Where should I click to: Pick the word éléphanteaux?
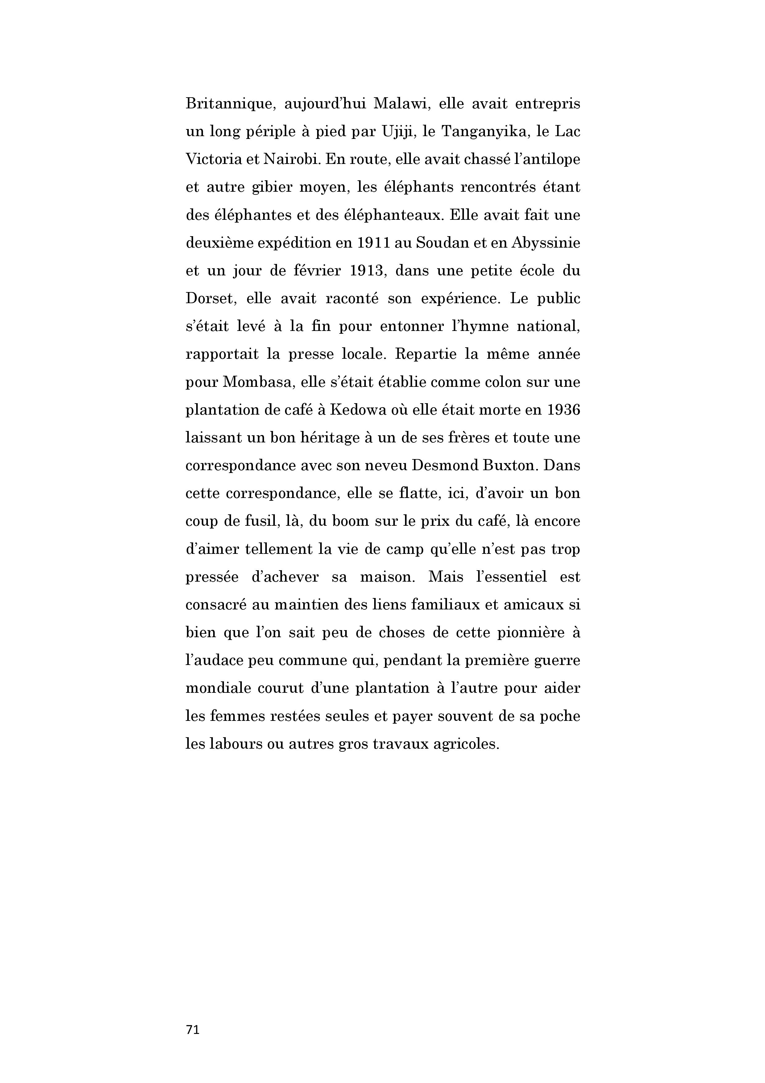pyautogui.click(x=395, y=215)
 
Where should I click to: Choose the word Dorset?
pyautogui.click(x=207, y=299)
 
